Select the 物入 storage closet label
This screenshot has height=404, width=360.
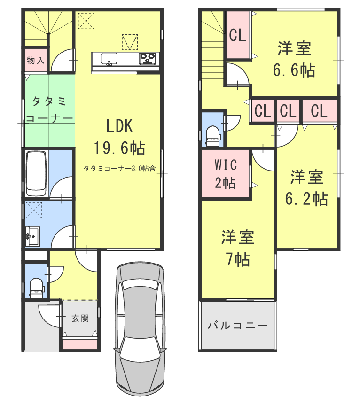[35, 60]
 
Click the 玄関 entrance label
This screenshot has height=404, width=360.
[80, 318]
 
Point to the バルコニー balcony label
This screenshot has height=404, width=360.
[237, 325]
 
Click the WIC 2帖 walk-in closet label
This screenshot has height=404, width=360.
[225, 174]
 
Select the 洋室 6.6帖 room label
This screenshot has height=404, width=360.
[294, 59]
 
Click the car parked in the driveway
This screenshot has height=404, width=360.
[140, 329]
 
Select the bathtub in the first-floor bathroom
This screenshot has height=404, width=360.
[36, 173]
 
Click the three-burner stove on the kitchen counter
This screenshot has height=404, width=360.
[148, 59]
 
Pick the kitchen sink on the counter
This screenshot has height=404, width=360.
[110, 59]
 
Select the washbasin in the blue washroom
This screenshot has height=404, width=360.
[33, 235]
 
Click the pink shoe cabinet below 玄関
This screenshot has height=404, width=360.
[80, 343]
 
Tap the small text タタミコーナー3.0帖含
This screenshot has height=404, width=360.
[120, 167]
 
